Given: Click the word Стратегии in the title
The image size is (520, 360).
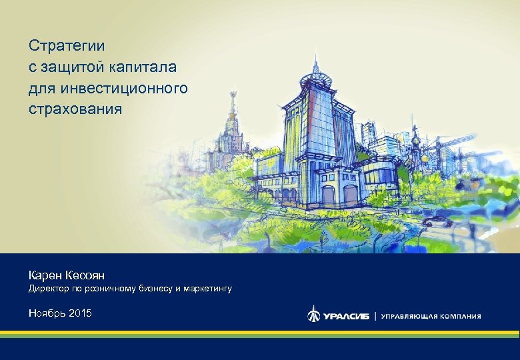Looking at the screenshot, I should coord(67,46).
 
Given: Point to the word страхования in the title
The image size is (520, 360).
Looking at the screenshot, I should coord(75,108).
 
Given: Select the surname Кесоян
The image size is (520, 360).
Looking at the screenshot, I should coord(87,275).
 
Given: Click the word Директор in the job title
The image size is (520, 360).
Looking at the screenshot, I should coord(49,289).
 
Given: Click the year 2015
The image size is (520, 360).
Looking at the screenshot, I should coord(80,313).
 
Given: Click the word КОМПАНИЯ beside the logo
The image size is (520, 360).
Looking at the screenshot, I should coord(461,316).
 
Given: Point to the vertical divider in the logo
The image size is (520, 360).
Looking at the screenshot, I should coord(375,315).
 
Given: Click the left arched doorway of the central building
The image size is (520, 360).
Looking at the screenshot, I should coord(328,195).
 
